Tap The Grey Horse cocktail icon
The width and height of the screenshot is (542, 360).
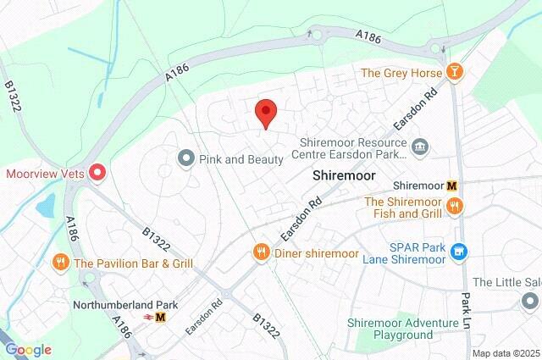tap(456, 73)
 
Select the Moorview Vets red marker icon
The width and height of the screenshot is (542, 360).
tap(97, 174)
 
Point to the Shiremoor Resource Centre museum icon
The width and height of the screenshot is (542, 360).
tap(420, 148)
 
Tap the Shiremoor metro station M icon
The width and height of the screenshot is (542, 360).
tap(452, 186)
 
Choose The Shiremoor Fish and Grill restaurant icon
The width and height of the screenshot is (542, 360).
tap(456, 207)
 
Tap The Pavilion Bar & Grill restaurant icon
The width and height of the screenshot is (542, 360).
tap(60, 263)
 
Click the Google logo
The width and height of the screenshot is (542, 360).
tap(28, 350)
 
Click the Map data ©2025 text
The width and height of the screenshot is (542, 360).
tap(505, 353)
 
